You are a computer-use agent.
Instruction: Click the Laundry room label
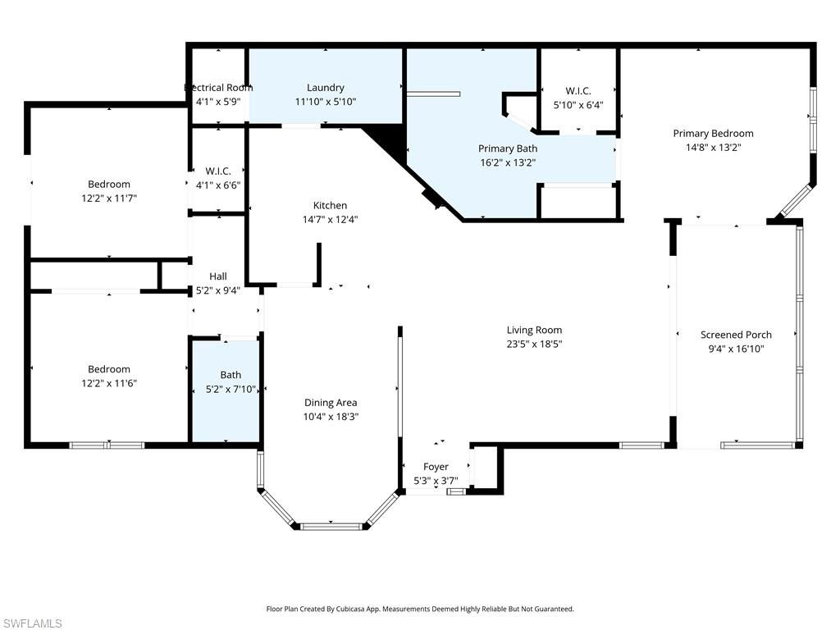(x=326, y=88)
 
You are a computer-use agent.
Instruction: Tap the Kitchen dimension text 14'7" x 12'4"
(x=330, y=219)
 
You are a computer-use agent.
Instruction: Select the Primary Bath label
(x=508, y=148)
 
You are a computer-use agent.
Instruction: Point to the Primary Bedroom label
(x=713, y=134)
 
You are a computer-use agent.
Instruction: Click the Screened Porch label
(x=736, y=335)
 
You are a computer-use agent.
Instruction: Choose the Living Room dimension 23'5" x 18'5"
(x=534, y=344)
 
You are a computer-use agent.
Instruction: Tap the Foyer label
(x=436, y=467)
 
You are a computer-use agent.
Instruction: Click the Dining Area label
(x=331, y=403)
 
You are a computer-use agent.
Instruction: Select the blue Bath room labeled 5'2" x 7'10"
(x=226, y=390)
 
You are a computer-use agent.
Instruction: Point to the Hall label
(x=217, y=276)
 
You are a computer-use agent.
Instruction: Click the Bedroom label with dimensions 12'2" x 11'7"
(x=109, y=185)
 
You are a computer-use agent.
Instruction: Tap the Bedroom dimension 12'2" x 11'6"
(x=109, y=383)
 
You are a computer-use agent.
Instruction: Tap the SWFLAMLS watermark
(x=31, y=624)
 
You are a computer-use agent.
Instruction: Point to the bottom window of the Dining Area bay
(x=330, y=526)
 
